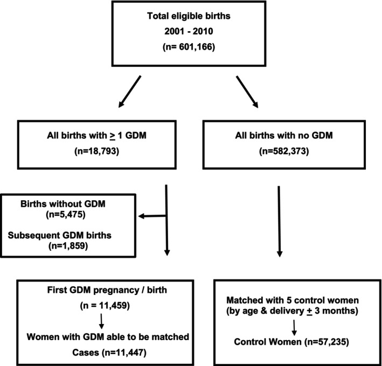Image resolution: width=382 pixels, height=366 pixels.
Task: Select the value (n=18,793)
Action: point(96,152)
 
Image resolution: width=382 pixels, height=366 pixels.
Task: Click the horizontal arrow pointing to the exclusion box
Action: point(152,217)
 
